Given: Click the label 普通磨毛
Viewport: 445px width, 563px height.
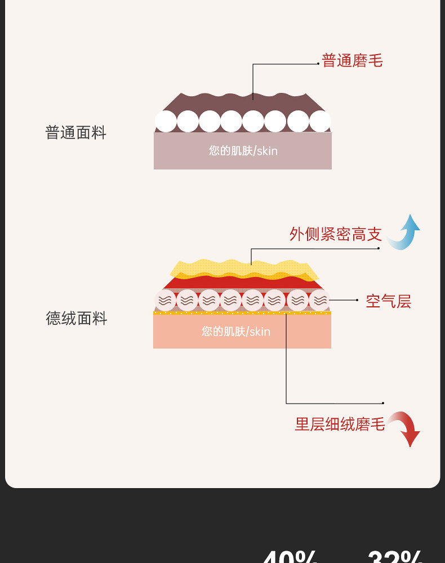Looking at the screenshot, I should click(352, 61).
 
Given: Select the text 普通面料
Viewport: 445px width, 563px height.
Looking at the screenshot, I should click(75, 133).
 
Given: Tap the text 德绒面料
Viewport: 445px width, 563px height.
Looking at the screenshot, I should click(76, 319).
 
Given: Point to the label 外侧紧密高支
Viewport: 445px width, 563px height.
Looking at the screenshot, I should click(336, 234).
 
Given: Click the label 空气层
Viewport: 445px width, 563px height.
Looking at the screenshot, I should click(388, 301).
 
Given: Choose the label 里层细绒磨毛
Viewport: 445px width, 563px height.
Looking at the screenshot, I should click(340, 424).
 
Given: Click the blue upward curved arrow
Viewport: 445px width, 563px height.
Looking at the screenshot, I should click(406, 232).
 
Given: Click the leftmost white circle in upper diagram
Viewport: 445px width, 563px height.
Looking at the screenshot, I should click(166, 121).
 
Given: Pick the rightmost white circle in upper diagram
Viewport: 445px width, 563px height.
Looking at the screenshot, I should click(320, 121).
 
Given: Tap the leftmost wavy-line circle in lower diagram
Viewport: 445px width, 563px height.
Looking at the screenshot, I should click(165, 300).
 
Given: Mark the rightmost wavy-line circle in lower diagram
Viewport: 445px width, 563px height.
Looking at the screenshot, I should click(319, 300).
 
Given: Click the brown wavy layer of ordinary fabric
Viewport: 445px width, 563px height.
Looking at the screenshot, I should click(243, 104).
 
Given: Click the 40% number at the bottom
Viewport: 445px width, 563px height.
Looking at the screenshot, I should click(290, 557).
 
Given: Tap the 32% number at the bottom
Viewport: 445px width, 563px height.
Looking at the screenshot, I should click(394, 557).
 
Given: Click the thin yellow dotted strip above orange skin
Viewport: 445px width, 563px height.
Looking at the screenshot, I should click(242, 313).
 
